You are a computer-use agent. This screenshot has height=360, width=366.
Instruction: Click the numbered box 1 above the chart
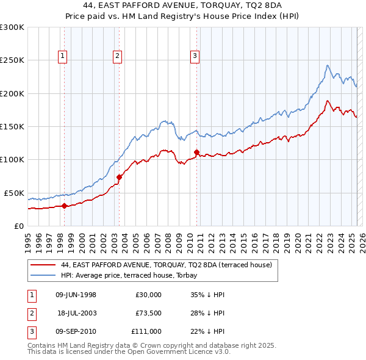coord(64,56)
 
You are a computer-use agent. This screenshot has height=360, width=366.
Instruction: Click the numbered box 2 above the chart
coord(117,56)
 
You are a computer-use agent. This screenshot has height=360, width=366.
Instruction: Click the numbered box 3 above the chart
coord(195,56)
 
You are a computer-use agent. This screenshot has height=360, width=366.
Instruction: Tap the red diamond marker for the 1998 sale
coord(64,206)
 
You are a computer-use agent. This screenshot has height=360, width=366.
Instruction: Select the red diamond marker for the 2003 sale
coord(119,178)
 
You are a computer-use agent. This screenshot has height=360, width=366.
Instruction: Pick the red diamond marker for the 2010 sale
coord(196,152)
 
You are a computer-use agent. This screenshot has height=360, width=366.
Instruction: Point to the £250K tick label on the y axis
coord(12,60)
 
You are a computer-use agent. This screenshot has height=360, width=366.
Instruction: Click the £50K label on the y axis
coord(14,193)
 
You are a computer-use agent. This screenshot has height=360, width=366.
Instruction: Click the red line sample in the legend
coord(43,265)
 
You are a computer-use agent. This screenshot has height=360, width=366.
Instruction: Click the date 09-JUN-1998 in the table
coord(76,295)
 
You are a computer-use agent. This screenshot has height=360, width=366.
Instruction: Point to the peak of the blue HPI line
coord(328,65)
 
